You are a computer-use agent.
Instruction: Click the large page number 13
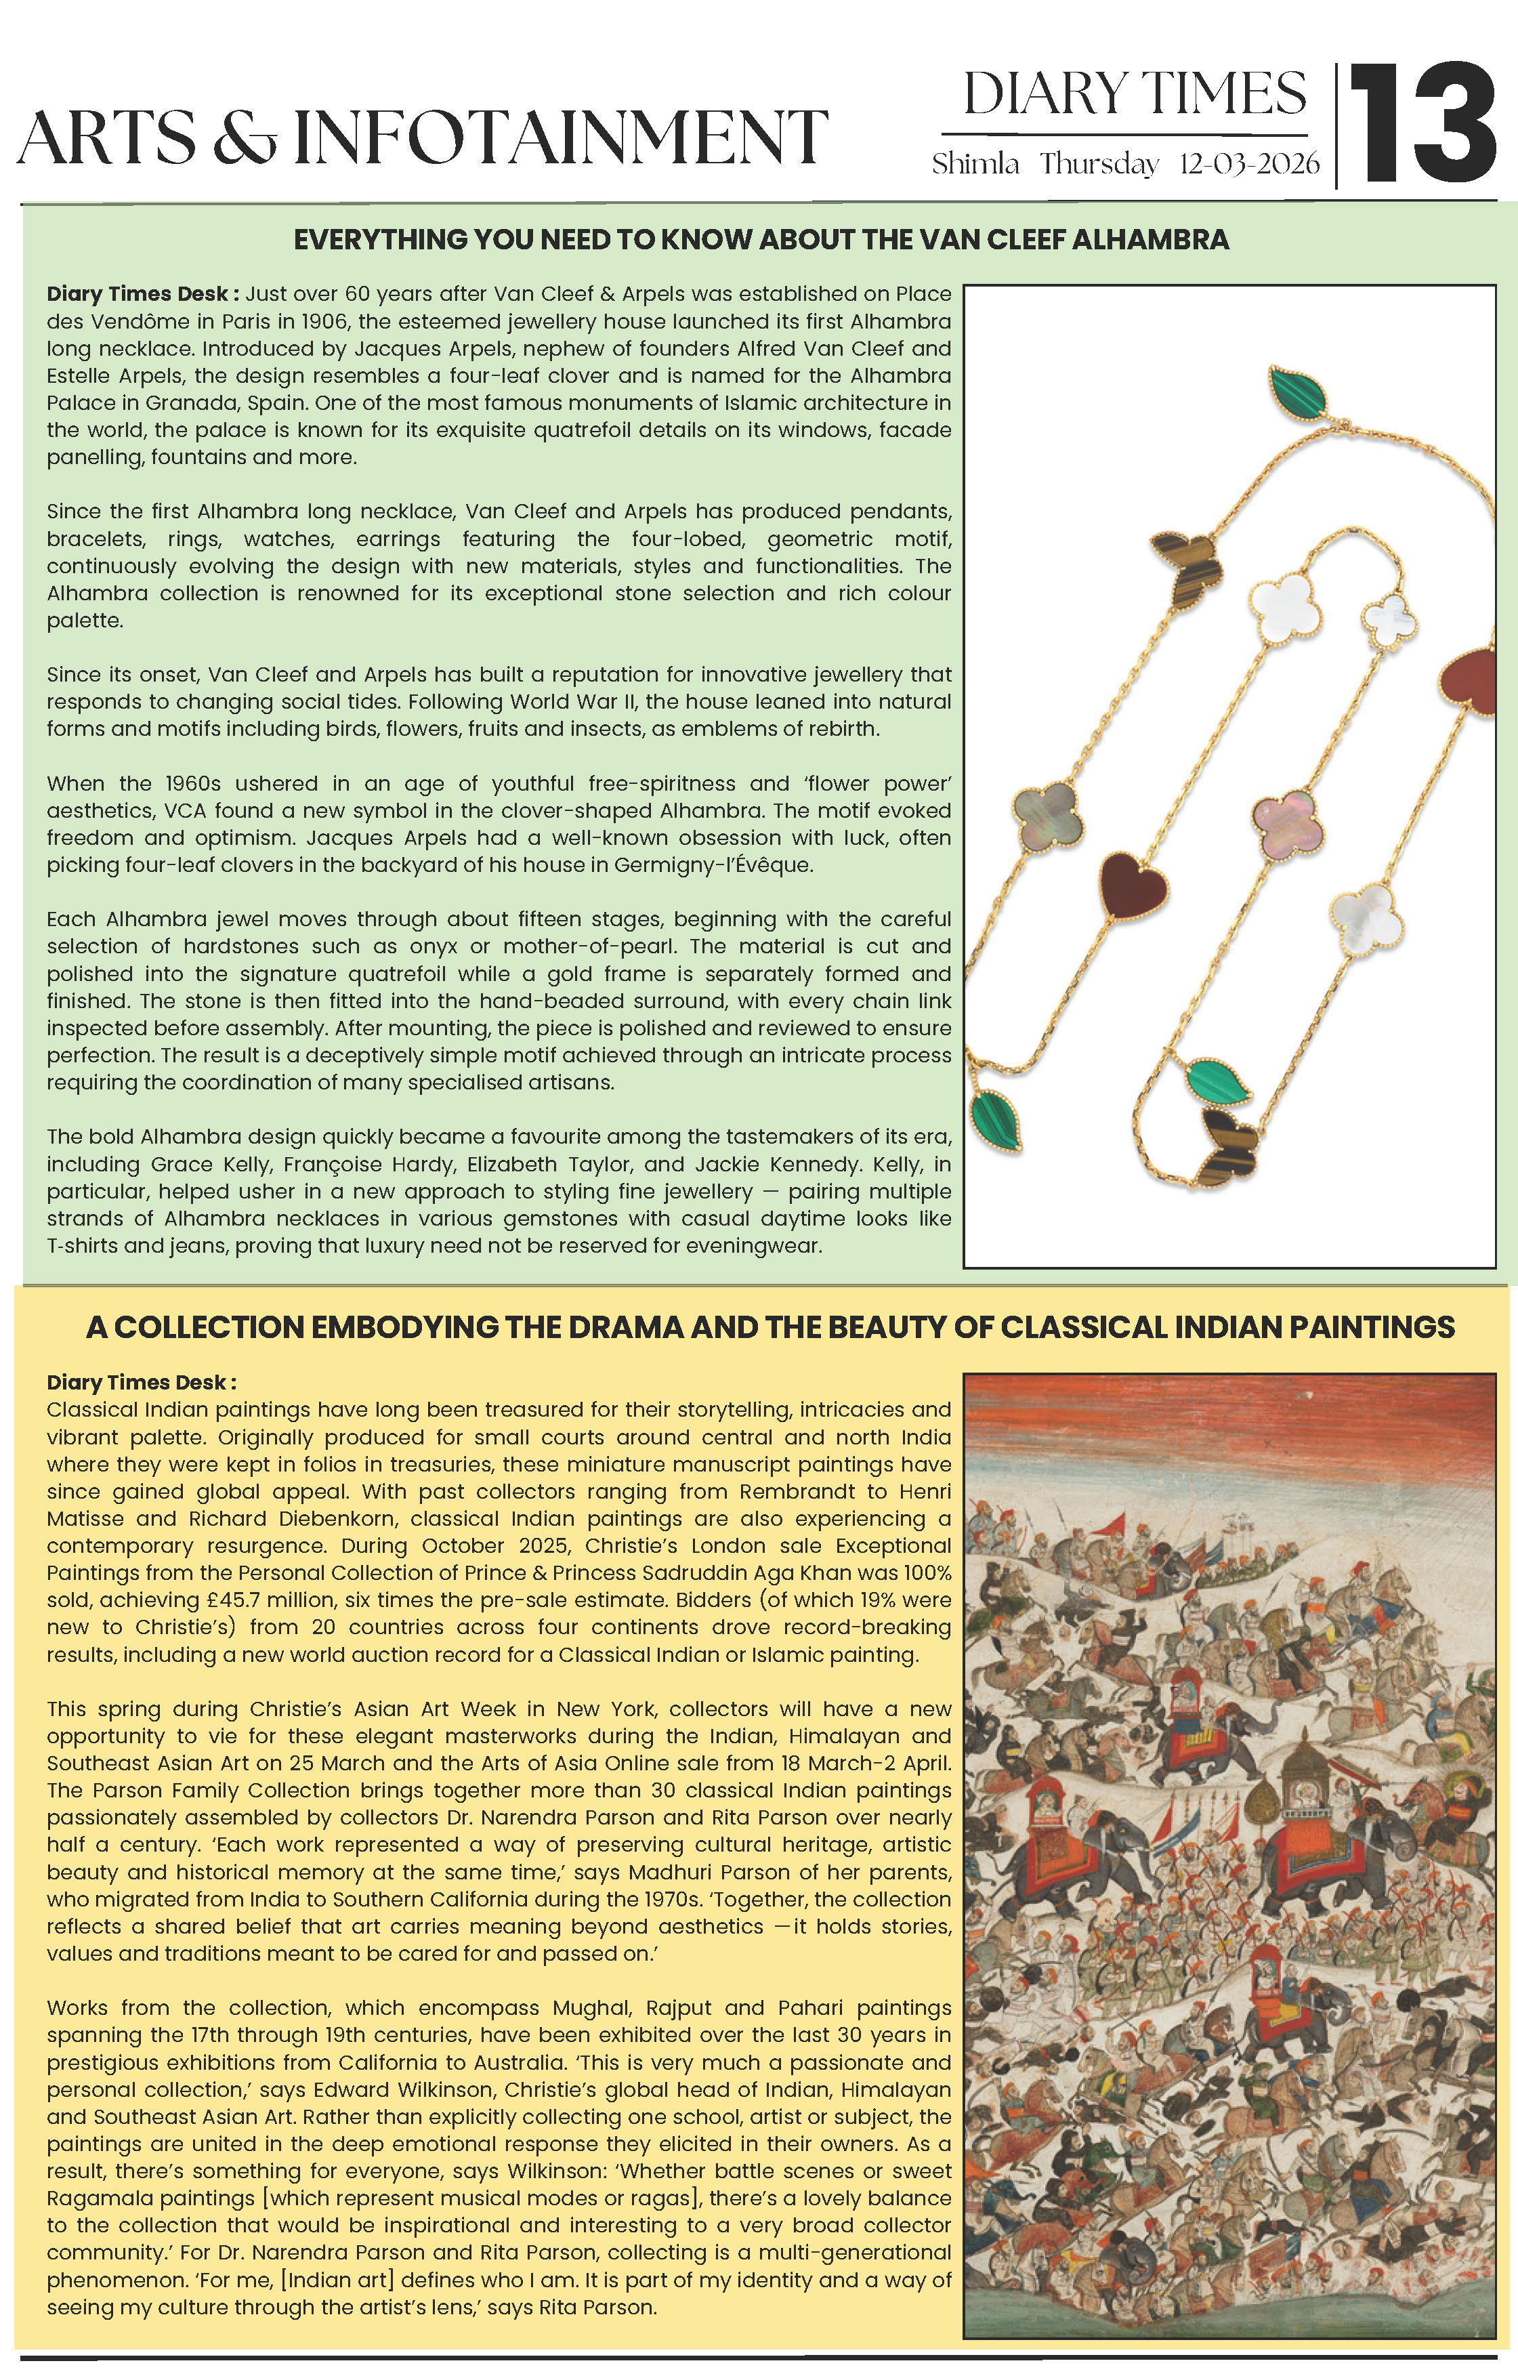pyautogui.click(x=1423, y=123)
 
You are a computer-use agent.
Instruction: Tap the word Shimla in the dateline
pyautogui.click(x=976, y=164)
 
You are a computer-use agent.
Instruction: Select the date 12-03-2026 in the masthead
pyautogui.click(x=1248, y=164)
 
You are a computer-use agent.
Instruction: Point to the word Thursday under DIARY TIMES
pyautogui.click(x=1098, y=164)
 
